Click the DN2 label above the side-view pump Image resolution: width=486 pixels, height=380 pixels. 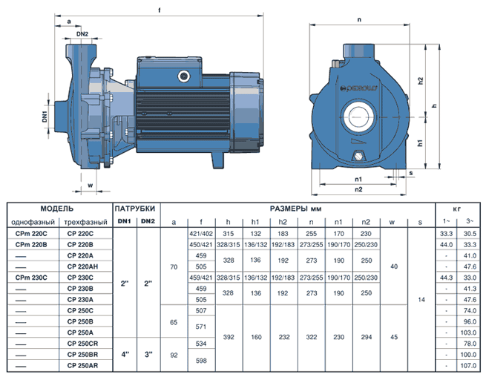[x=82, y=34]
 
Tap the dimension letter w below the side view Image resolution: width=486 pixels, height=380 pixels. [x=91, y=186]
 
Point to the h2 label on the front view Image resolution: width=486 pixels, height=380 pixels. [x=420, y=81]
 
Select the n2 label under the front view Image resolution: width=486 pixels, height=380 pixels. [x=358, y=189]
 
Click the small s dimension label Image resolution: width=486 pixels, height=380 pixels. [x=411, y=173]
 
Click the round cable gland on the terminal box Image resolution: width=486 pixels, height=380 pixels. [x=183, y=76]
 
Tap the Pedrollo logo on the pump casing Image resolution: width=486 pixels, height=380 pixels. [x=358, y=88]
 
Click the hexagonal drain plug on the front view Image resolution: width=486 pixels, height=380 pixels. [x=358, y=156]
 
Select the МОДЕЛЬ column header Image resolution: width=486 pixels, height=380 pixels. [x=57, y=209]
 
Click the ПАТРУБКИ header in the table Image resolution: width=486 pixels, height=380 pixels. [x=135, y=209]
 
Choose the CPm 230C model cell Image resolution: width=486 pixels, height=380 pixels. [x=31, y=278]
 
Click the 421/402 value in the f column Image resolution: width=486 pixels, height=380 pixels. [x=201, y=234]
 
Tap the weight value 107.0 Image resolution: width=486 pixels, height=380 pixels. [x=468, y=366]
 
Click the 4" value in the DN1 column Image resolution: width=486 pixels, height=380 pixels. [x=125, y=355]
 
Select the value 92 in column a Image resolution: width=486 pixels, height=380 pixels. [x=174, y=356]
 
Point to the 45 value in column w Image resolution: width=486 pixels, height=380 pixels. [x=394, y=337]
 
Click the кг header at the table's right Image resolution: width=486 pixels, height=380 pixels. [x=457, y=209]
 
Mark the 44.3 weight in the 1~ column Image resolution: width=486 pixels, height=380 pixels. [x=447, y=278]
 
